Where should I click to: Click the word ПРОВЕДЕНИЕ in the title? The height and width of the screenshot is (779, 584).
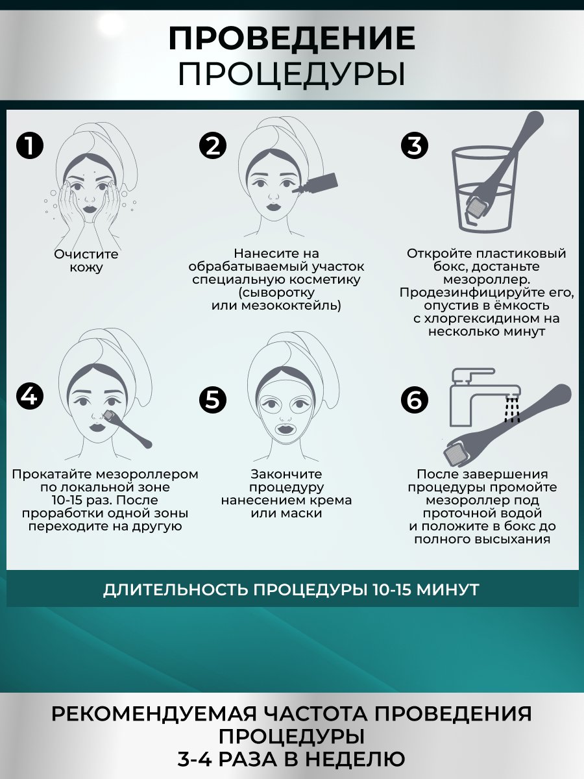point(291,38)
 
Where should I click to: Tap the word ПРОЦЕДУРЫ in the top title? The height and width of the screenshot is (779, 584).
point(291,74)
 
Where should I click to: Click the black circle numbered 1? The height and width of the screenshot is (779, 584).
point(30,145)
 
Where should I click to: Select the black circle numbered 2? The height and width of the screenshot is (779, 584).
point(213,145)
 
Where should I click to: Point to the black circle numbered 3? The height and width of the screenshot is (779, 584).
point(415,145)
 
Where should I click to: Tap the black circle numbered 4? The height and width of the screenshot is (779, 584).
point(30,396)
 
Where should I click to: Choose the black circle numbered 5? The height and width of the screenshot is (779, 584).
point(213,400)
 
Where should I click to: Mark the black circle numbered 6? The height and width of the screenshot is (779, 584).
point(415,400)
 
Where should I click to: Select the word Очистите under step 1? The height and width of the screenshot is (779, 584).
point(86,254)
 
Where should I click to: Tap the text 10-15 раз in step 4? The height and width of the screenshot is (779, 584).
point(79,500)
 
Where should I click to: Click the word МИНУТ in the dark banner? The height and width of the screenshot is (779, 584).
point(448,590)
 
